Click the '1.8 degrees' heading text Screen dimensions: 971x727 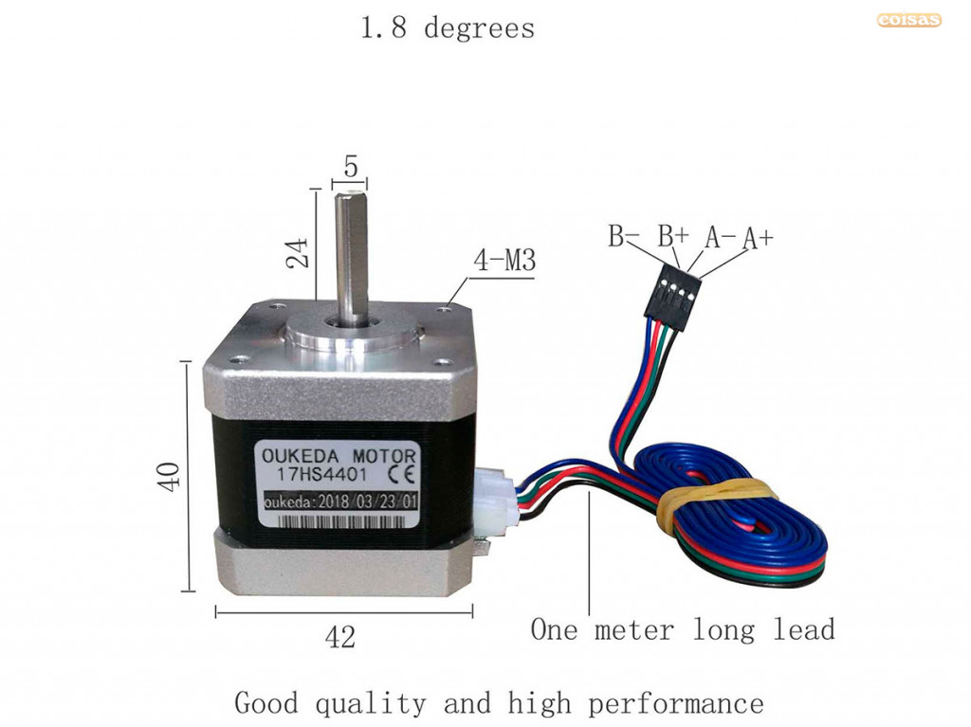(448, 28)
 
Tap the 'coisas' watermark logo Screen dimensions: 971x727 (908, 20)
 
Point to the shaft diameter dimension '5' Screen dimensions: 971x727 (351, 167)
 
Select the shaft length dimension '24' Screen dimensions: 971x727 (297, 253)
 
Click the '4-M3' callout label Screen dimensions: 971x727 (504, 260)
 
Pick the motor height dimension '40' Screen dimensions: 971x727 (169, 477)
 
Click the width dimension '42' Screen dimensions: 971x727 (340, 637)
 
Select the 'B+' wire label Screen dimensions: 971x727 (673, 236)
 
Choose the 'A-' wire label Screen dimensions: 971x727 (721, 237)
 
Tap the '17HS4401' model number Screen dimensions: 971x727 (321, 475)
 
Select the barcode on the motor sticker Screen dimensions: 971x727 (341, 520)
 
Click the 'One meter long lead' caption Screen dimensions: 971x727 (683, 629)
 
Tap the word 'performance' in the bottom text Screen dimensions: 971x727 (675, 704)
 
